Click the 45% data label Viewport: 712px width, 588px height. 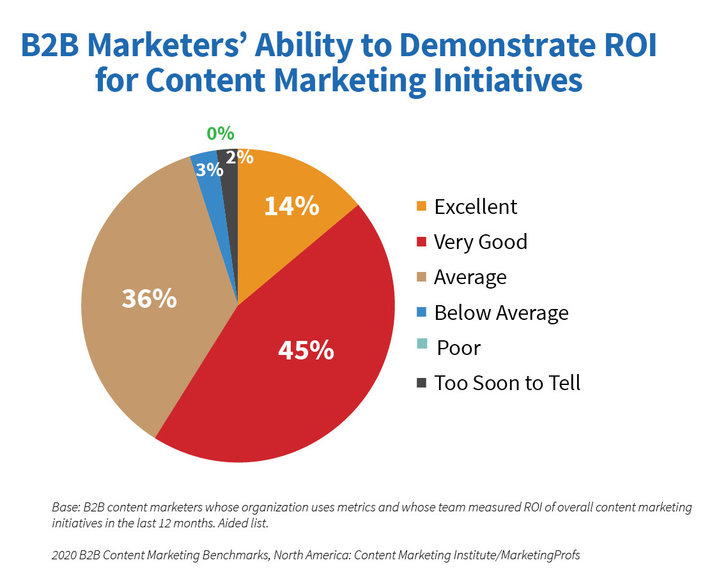coord(306,350)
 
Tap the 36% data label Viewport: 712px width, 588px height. coord(149,299)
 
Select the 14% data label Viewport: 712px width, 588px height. coord(291,206)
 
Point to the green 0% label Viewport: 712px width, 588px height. coord(220,134)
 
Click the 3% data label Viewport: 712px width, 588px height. coord(210,170)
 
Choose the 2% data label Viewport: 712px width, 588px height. coord(240,157)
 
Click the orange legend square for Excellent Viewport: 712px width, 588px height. coord(421,206)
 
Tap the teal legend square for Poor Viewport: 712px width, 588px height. coord(421,347)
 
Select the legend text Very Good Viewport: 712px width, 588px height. coord(481,242)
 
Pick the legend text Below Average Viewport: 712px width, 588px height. coord(501,313)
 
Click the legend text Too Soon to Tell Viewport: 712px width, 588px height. coord(507,383)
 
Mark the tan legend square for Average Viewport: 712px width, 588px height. coord(421,277)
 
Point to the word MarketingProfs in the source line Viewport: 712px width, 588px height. coord(541,555)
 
